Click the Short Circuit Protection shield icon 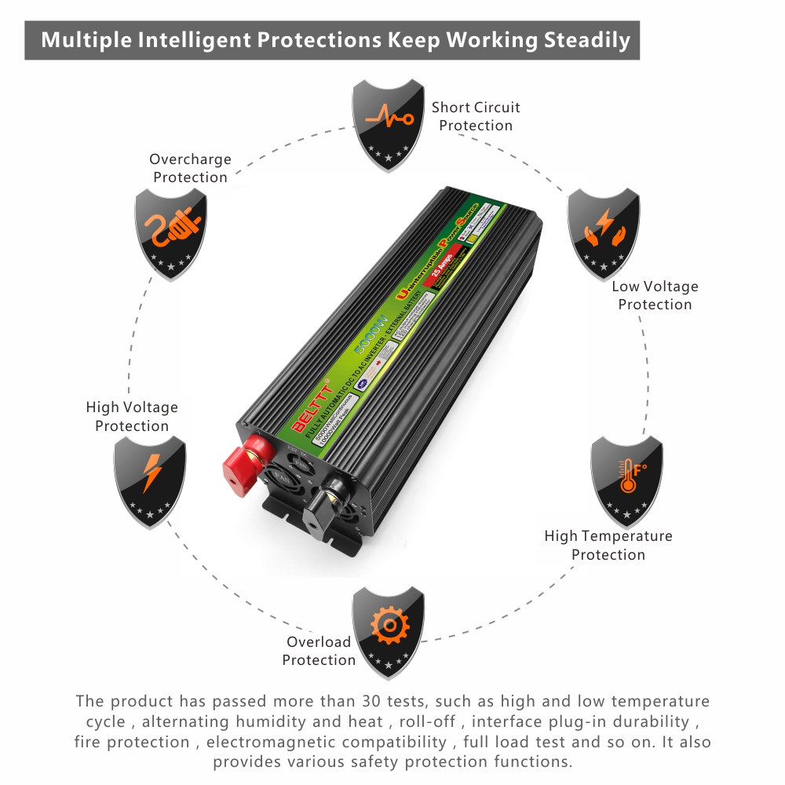coord(388,117)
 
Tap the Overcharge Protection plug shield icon coord(172,229)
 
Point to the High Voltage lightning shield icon coord(150,476)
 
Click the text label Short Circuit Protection coord(476,116)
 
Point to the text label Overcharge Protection coord(190,168)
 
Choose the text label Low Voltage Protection coord(655,295)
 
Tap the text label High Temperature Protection coord(608,545)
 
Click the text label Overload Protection coord(319,651)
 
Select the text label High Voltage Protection coord(132,416)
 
